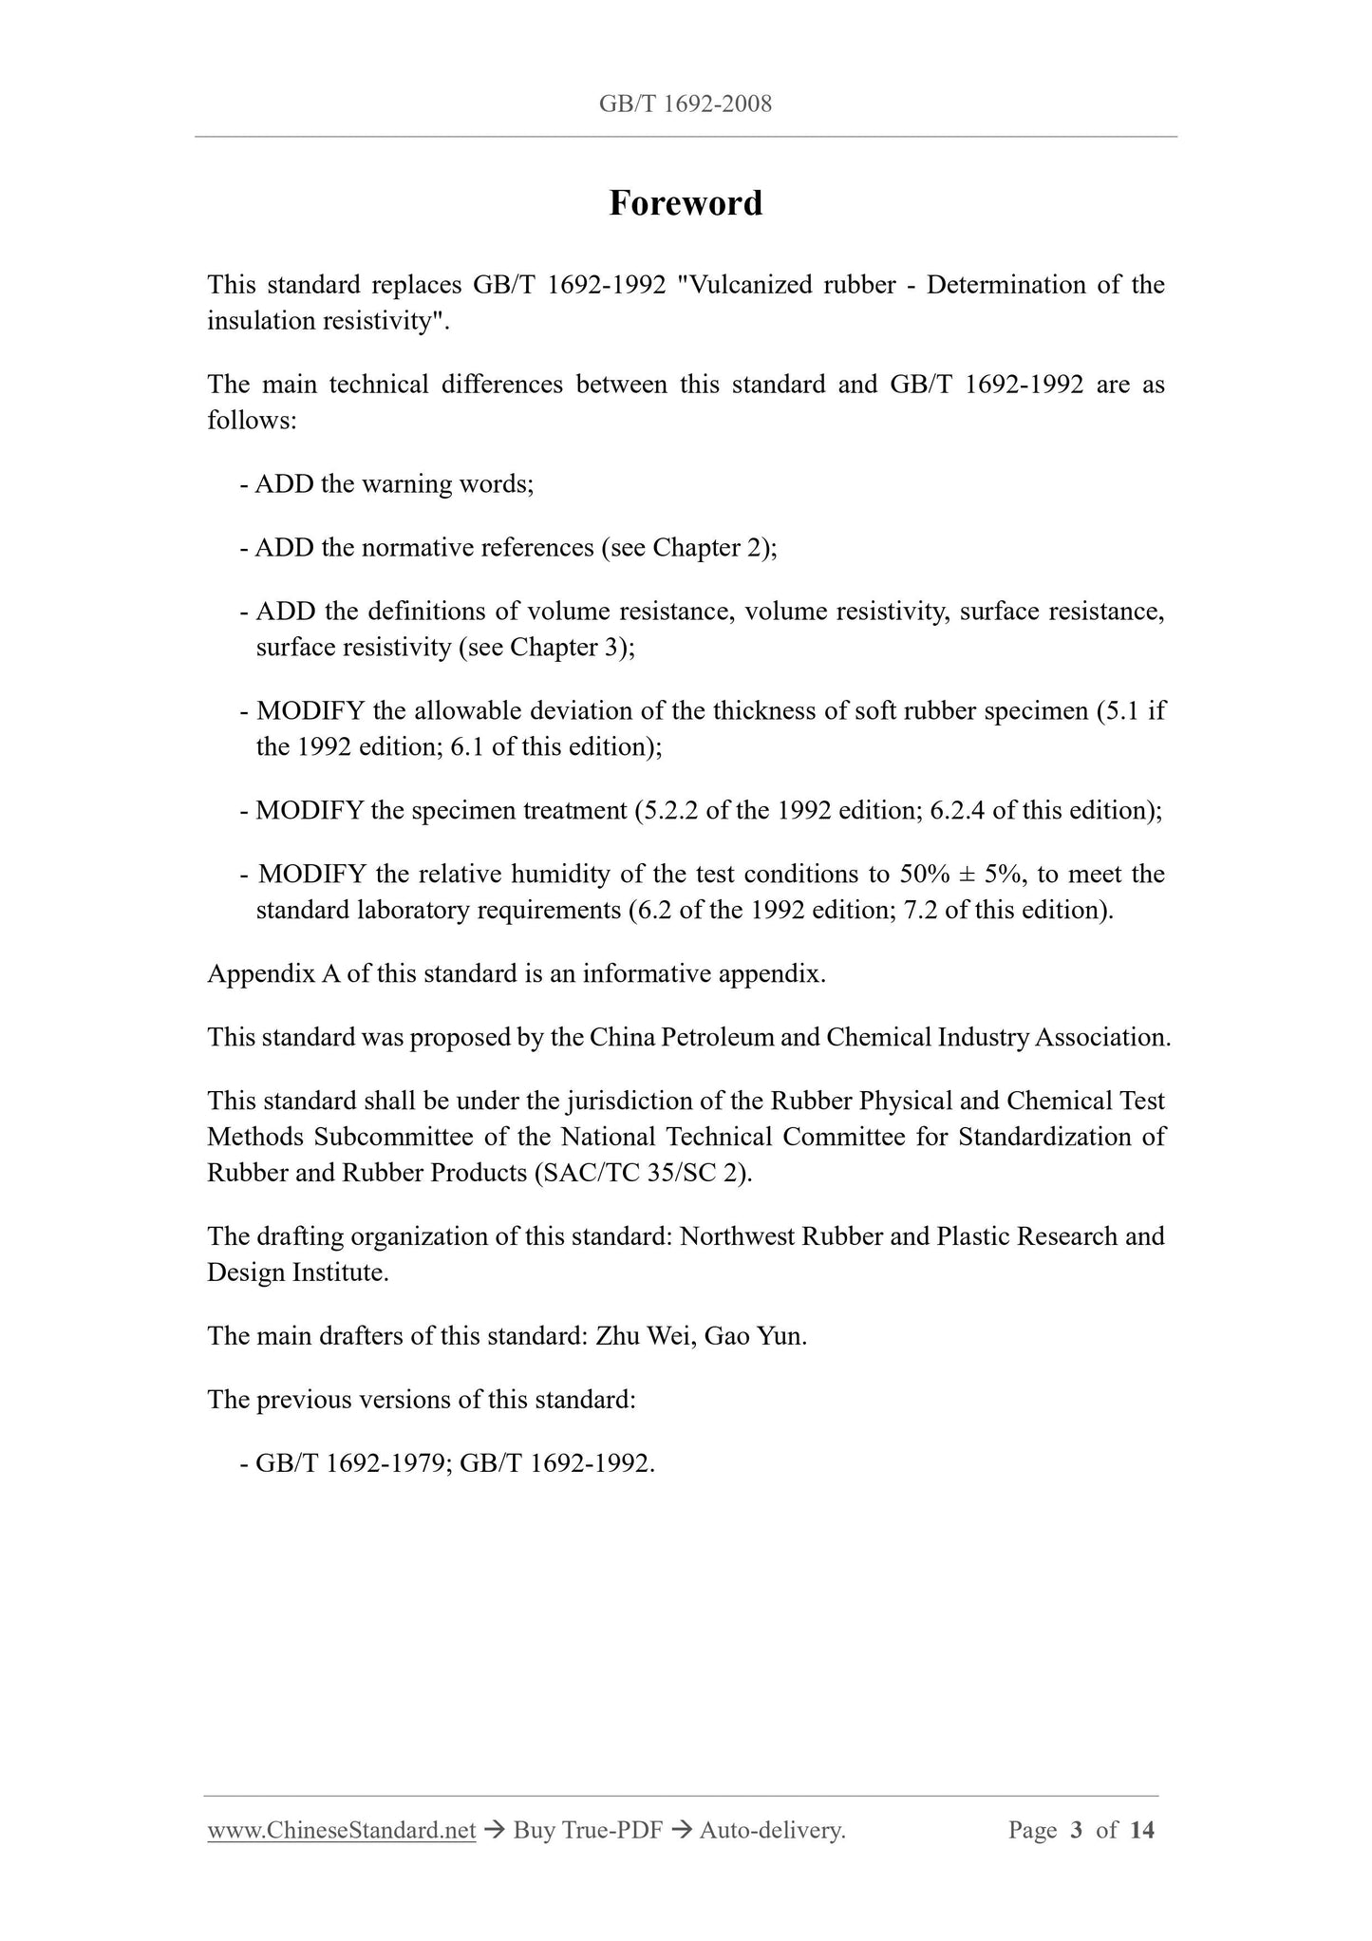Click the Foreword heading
(x=686, y=203)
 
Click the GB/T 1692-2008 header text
(x=686, y=104)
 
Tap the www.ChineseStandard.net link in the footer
(x=341, y=1830)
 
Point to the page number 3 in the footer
(x=1076, y=1830)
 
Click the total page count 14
(x=1142, y=1830)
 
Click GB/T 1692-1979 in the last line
(x=352, y=1463)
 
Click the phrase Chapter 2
(x=709, y=548)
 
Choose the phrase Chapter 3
(x=566, y=648)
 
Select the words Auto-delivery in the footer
(x=771, y=1830)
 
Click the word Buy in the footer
(x=534, y=1830)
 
